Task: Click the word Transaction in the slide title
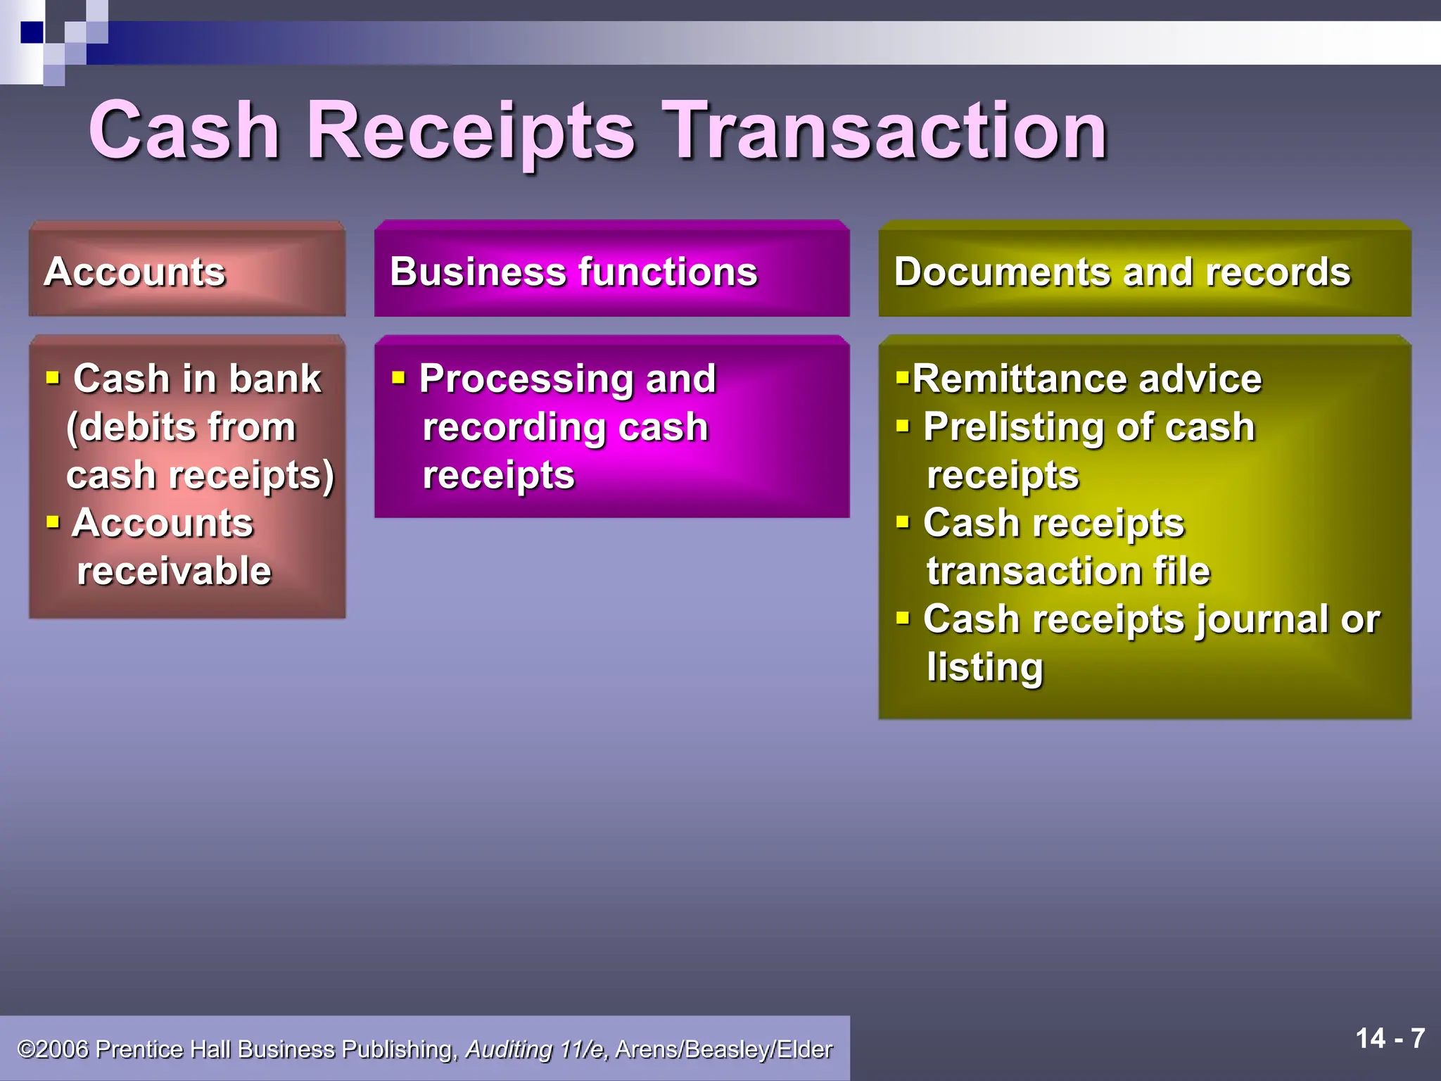(x=886, y=131)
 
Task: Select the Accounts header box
(x=186, y=270)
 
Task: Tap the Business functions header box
(x=611, y=270)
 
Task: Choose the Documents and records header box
(x=1144, y=270)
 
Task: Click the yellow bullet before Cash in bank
(x=53, y=379)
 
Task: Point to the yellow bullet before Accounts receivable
(x=53, y=522)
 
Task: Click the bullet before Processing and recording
(x=399, y=379)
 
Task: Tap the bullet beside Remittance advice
(x=902, y=377)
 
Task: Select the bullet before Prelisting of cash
(x=903, y=426)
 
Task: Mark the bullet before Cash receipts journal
(x=903, y=619)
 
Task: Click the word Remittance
(x=1020, y=379)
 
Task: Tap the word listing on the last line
(x=984, y=667)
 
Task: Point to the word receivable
(x=174, y=570)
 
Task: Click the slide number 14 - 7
(x=1390, y=1039)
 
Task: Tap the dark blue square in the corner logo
(x=32, y=32)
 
